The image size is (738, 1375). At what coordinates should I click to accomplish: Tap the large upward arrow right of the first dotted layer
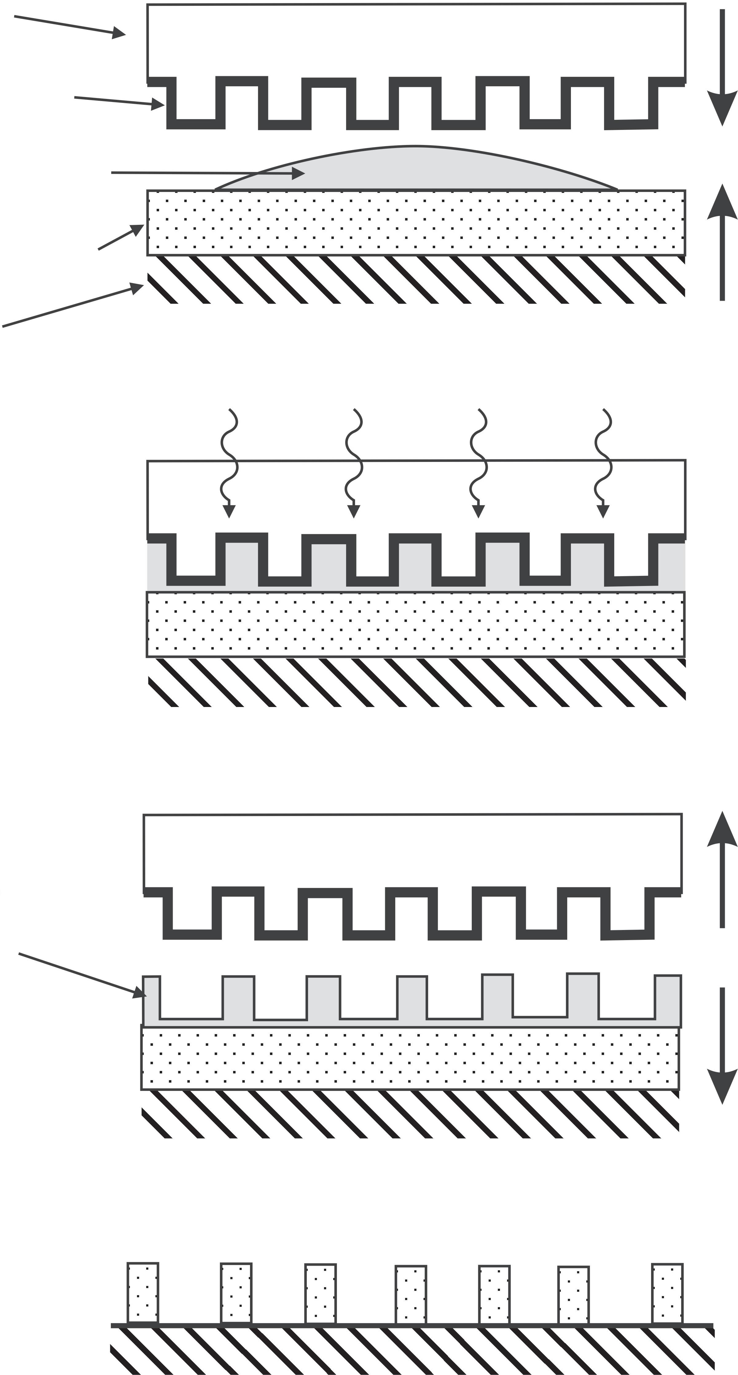[x=722, y=243]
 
